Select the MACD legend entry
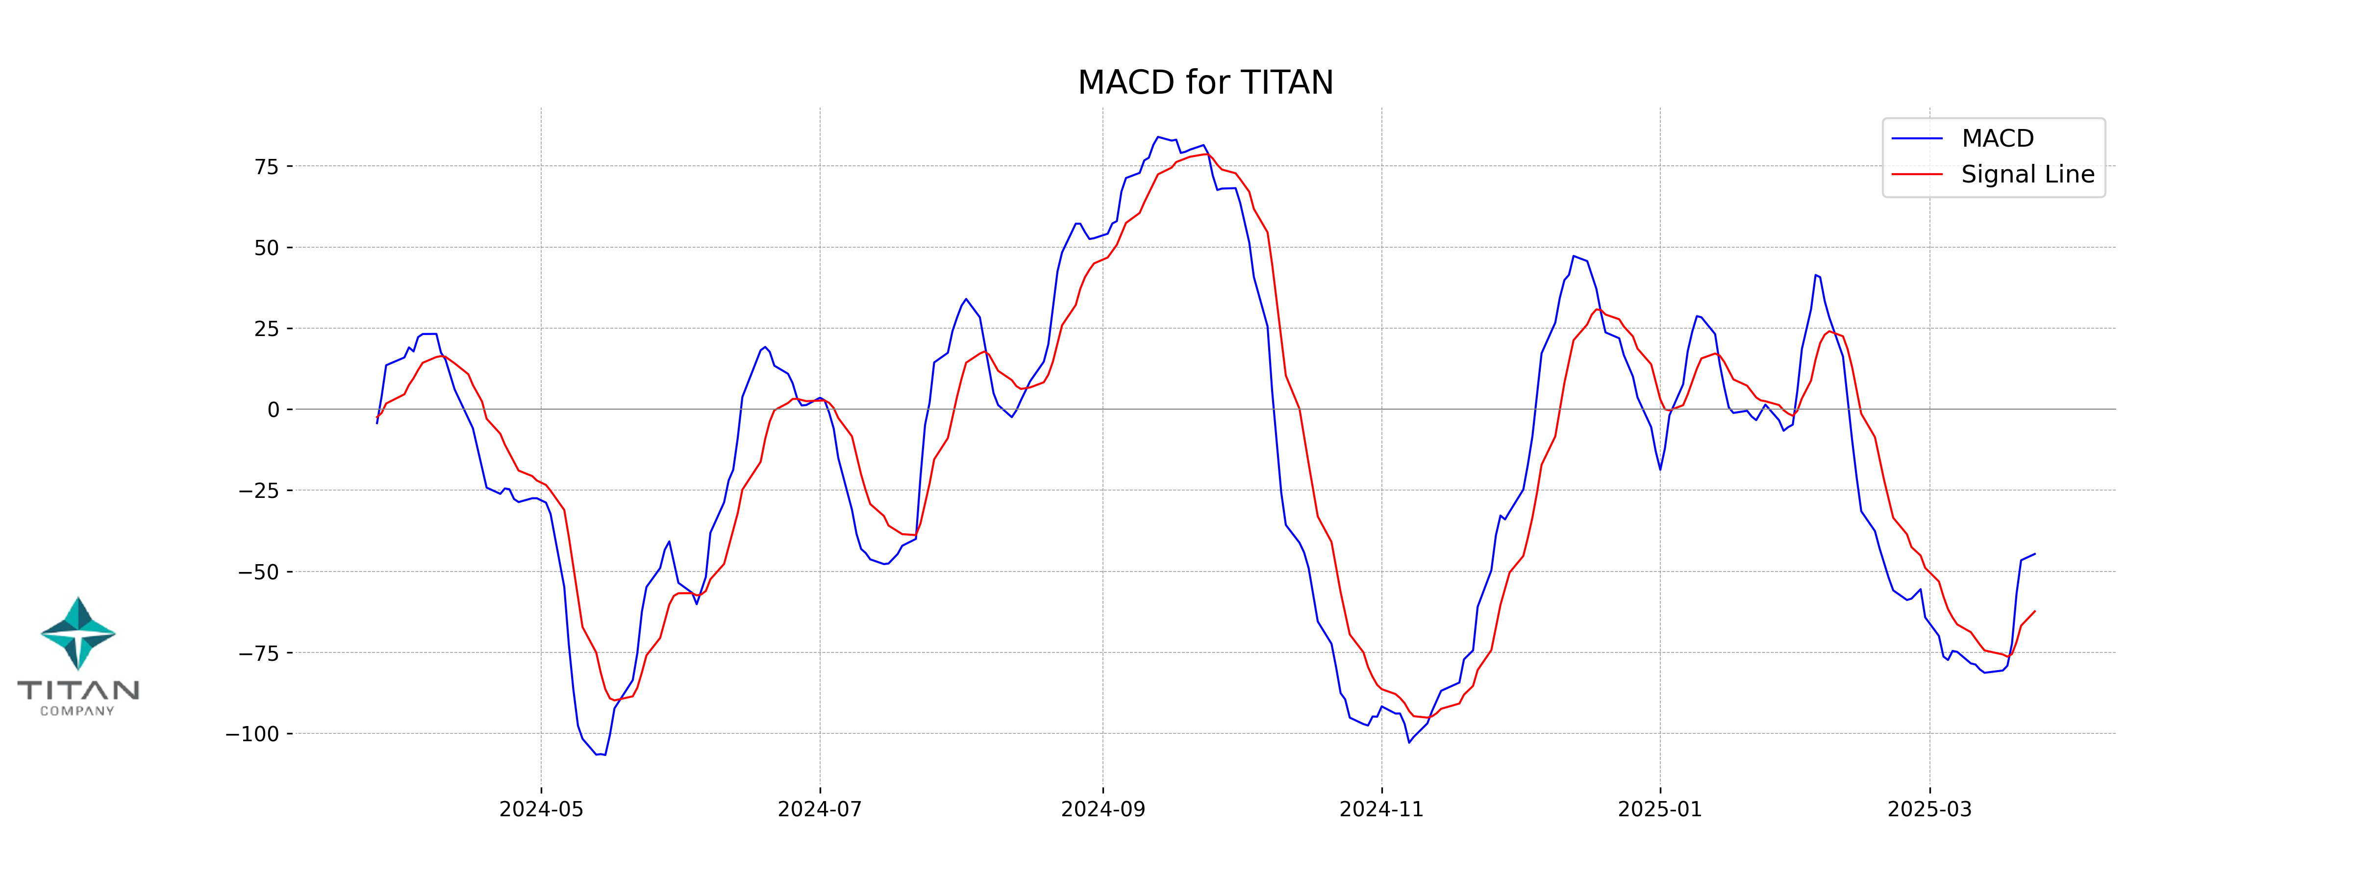pos(1997,139)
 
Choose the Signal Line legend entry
pos(2027,175)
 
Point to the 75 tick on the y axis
pos(267,166)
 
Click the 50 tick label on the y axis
pos(267,248)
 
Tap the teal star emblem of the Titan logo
pos(78,632)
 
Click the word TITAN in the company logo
pos(78,690)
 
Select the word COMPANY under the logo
pos(77,711)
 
